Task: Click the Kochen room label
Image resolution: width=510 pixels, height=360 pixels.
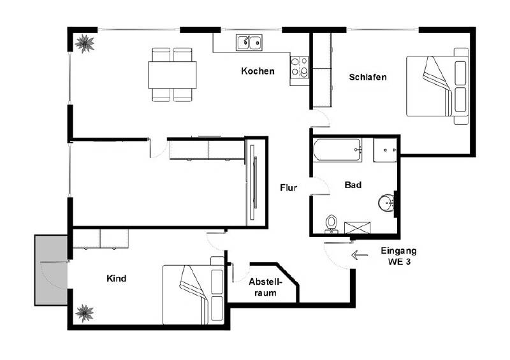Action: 258,71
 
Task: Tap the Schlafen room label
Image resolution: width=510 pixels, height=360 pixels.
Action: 368,77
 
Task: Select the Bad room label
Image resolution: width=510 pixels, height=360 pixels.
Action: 353,185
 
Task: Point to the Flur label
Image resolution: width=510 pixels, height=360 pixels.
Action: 289,188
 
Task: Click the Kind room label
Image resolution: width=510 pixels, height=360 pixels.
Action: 116,278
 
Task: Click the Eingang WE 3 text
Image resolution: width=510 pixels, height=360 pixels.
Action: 398,256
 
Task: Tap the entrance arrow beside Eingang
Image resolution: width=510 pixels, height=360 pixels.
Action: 360,256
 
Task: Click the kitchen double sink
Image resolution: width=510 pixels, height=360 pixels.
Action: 249,43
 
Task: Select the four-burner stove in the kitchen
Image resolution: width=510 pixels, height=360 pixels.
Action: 300,67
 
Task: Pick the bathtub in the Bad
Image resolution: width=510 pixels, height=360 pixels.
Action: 337,151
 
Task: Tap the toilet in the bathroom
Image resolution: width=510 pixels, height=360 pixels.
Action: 330,222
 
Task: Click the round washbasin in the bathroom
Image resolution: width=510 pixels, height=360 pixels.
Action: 386,203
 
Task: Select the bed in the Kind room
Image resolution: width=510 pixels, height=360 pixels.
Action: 193,294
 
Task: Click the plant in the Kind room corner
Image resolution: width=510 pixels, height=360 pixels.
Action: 84,312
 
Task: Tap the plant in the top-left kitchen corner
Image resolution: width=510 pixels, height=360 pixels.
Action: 84,43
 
